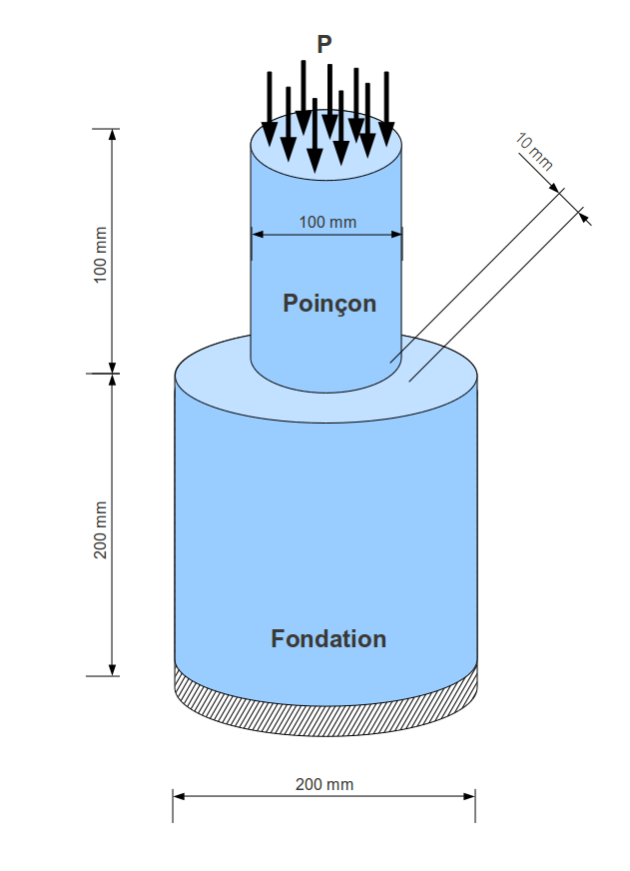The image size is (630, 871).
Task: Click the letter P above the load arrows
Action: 324,44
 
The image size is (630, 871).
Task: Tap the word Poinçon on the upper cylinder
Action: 329,303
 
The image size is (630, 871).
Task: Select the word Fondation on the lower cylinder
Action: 328,639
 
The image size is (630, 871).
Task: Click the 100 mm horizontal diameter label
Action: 327,222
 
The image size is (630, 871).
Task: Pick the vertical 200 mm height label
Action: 100,529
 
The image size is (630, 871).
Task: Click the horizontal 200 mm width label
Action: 324,784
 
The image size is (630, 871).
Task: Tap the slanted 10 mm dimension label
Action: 535,151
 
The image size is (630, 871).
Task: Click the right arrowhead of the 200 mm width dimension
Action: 470,796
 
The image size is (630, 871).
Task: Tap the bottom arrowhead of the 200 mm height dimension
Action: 112,669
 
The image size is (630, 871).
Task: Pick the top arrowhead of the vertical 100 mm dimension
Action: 112,135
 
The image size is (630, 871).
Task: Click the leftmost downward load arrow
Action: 269,110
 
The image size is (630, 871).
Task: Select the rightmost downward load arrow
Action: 386,110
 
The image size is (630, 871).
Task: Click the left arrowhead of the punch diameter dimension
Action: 256,235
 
